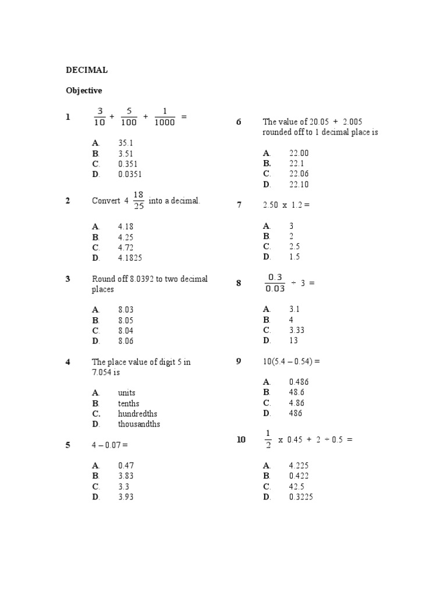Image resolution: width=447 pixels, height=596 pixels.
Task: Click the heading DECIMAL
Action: pos(86,70)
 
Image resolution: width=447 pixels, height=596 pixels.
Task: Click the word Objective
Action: pos(84,90)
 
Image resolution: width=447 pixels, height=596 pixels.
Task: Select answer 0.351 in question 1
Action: pos(128,164)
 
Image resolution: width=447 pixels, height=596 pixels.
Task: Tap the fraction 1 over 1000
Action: pos(165,116)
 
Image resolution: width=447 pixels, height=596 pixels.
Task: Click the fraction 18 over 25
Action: pos(139,200)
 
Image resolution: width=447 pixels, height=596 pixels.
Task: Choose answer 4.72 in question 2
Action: pos(126,247)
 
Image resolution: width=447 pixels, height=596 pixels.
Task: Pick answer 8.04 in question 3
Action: pos(126,331)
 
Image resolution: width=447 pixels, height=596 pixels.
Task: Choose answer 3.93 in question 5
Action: pos(126,497)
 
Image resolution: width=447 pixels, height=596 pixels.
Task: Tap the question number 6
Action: pos(239,122)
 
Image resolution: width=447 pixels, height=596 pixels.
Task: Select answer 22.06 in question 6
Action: pos(299,174)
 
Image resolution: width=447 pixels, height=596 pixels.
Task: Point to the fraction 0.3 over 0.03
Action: pos(275,283)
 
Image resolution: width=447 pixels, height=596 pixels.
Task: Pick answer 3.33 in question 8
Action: pos(297,330)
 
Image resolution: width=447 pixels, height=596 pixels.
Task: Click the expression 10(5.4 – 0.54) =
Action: pos(292,361)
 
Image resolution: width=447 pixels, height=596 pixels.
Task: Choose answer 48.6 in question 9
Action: pos(297,392)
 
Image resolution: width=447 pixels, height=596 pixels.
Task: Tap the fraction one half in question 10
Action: pos(268,439)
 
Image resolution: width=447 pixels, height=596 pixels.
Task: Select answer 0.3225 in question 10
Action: pos(301,497)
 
